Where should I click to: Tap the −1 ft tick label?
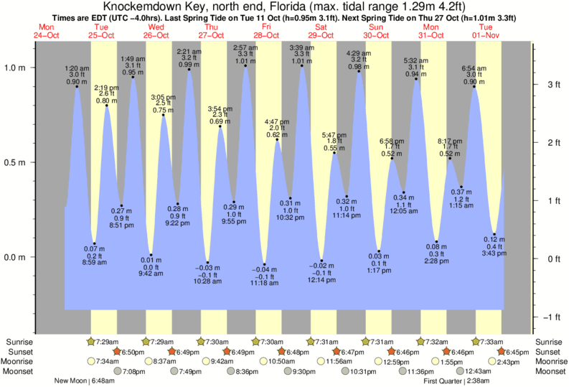click(551, 317)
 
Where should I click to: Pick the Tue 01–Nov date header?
click(485, 31)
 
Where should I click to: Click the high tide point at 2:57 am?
click(245, 66)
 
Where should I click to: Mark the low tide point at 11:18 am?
click(264, 264)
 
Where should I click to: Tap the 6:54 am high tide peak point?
click(474, 87)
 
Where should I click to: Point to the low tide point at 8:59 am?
click(94, 243)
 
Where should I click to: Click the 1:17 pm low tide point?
click(379, 251)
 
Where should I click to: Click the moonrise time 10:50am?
click(278, 361)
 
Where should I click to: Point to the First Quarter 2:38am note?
click(458, 381)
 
